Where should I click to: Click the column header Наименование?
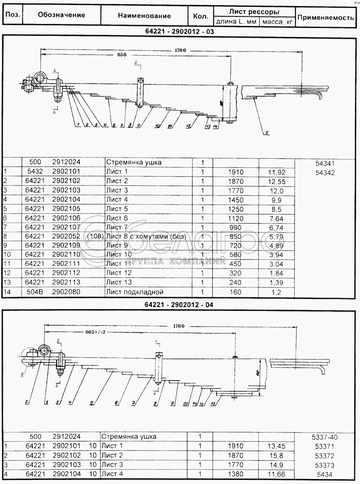coord(144,16)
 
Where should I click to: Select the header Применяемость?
coord(326,18)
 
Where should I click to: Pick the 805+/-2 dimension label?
coord(98,332)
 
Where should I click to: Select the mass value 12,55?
coord(276,181)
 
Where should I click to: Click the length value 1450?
coord(236,199)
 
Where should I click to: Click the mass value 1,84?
coord(276,273)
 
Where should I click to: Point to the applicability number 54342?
coord(325,173)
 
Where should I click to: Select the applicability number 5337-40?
coord(325,437)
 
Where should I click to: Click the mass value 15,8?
coord(276,456)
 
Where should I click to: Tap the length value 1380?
coord(236,474)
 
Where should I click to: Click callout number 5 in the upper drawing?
coord(266,133)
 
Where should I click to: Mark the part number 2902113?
coord(66,283)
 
